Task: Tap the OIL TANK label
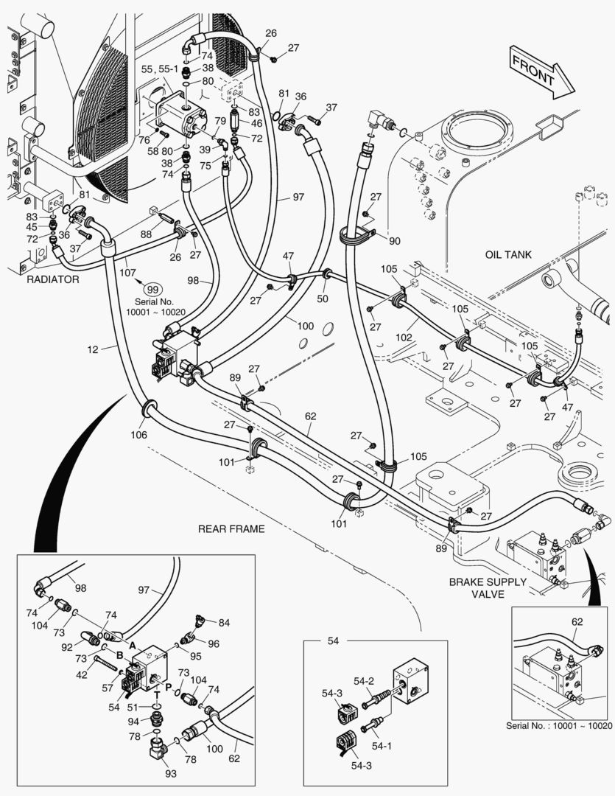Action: [508, 255]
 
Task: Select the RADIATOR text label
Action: [53, 280]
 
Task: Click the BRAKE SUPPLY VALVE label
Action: [488, 587]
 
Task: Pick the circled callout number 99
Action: [152, 290]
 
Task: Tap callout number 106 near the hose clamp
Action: [138, 435]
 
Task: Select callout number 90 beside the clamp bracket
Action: [396, 241]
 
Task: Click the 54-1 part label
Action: [383, 747]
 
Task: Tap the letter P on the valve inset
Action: [169, 685]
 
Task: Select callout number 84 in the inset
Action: [224, 623]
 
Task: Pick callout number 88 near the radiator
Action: [147, 235]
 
